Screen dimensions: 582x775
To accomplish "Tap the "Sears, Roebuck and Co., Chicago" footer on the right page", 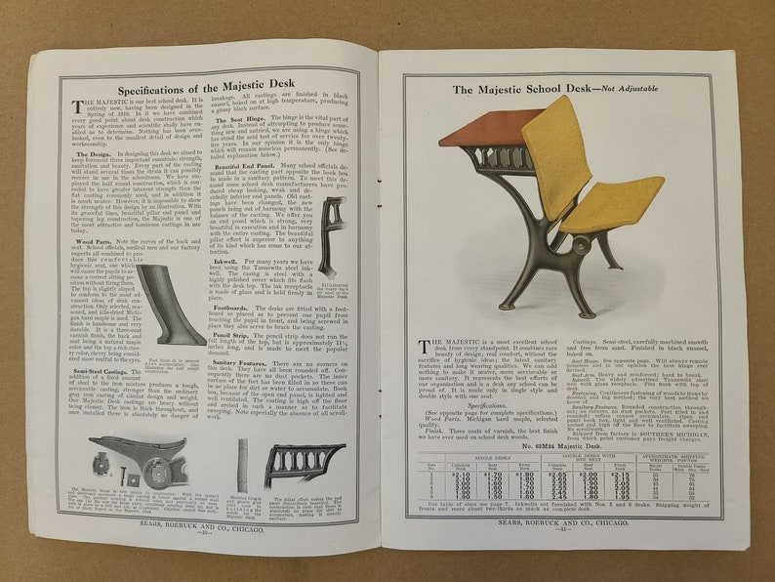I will click(x=561, y=522).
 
